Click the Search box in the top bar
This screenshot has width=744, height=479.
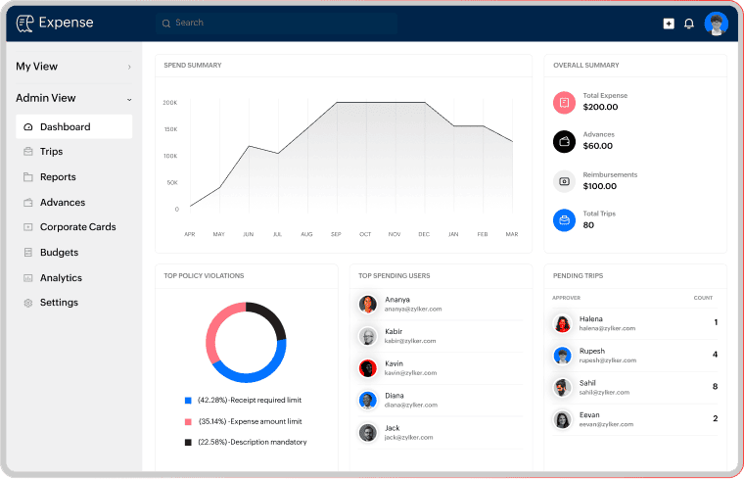[x=274, y=23]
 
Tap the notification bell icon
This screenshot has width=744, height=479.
[x=689, y=24]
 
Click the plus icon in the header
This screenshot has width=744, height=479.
[x=669, y=24]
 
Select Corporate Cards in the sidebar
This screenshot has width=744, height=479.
[x=77, y=227]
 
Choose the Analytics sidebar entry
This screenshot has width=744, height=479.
[x=61, y=278]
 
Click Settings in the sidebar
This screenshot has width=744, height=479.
[x=59, y=303]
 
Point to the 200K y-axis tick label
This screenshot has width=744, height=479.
[x=170, y=103]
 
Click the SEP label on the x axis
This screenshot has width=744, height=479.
[x=336, y=235]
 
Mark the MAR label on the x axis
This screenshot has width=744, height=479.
[x=512, y=235]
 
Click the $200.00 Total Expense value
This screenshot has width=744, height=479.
[x=600, y=107]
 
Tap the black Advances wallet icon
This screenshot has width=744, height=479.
[x=564, y=141]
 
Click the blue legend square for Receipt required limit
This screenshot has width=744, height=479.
[x=188, y=401]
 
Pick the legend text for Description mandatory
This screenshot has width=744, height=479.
[x=253, y=442]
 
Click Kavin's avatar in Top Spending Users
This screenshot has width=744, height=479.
[x=368, y=368]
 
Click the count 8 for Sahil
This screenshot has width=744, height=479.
[x=716, y=387]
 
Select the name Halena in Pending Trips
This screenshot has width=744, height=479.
[x=591, y=318]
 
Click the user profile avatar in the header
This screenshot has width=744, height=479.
[x=717, y=24]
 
